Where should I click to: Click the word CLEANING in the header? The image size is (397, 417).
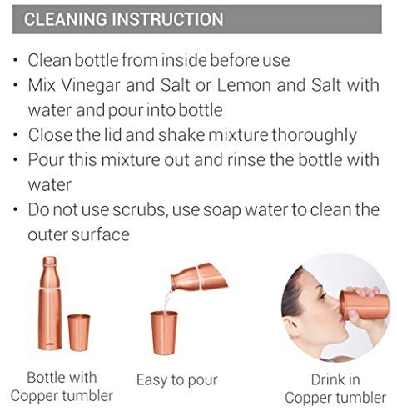(66, 19)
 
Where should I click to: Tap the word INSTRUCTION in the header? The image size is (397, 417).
(167, 19)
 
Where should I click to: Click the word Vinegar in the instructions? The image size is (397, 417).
(91, 86)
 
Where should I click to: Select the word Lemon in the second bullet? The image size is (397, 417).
(244, 85)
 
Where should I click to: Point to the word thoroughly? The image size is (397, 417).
(314, 136)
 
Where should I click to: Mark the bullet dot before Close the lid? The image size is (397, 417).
(16, 135)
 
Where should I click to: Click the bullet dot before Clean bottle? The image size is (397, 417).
(16, 60)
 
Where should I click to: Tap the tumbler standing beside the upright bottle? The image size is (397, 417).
(79, 332)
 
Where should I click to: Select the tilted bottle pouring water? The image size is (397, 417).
(199, 277)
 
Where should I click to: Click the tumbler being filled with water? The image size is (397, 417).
(164, 333)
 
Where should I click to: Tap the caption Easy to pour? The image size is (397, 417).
(177, 380)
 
